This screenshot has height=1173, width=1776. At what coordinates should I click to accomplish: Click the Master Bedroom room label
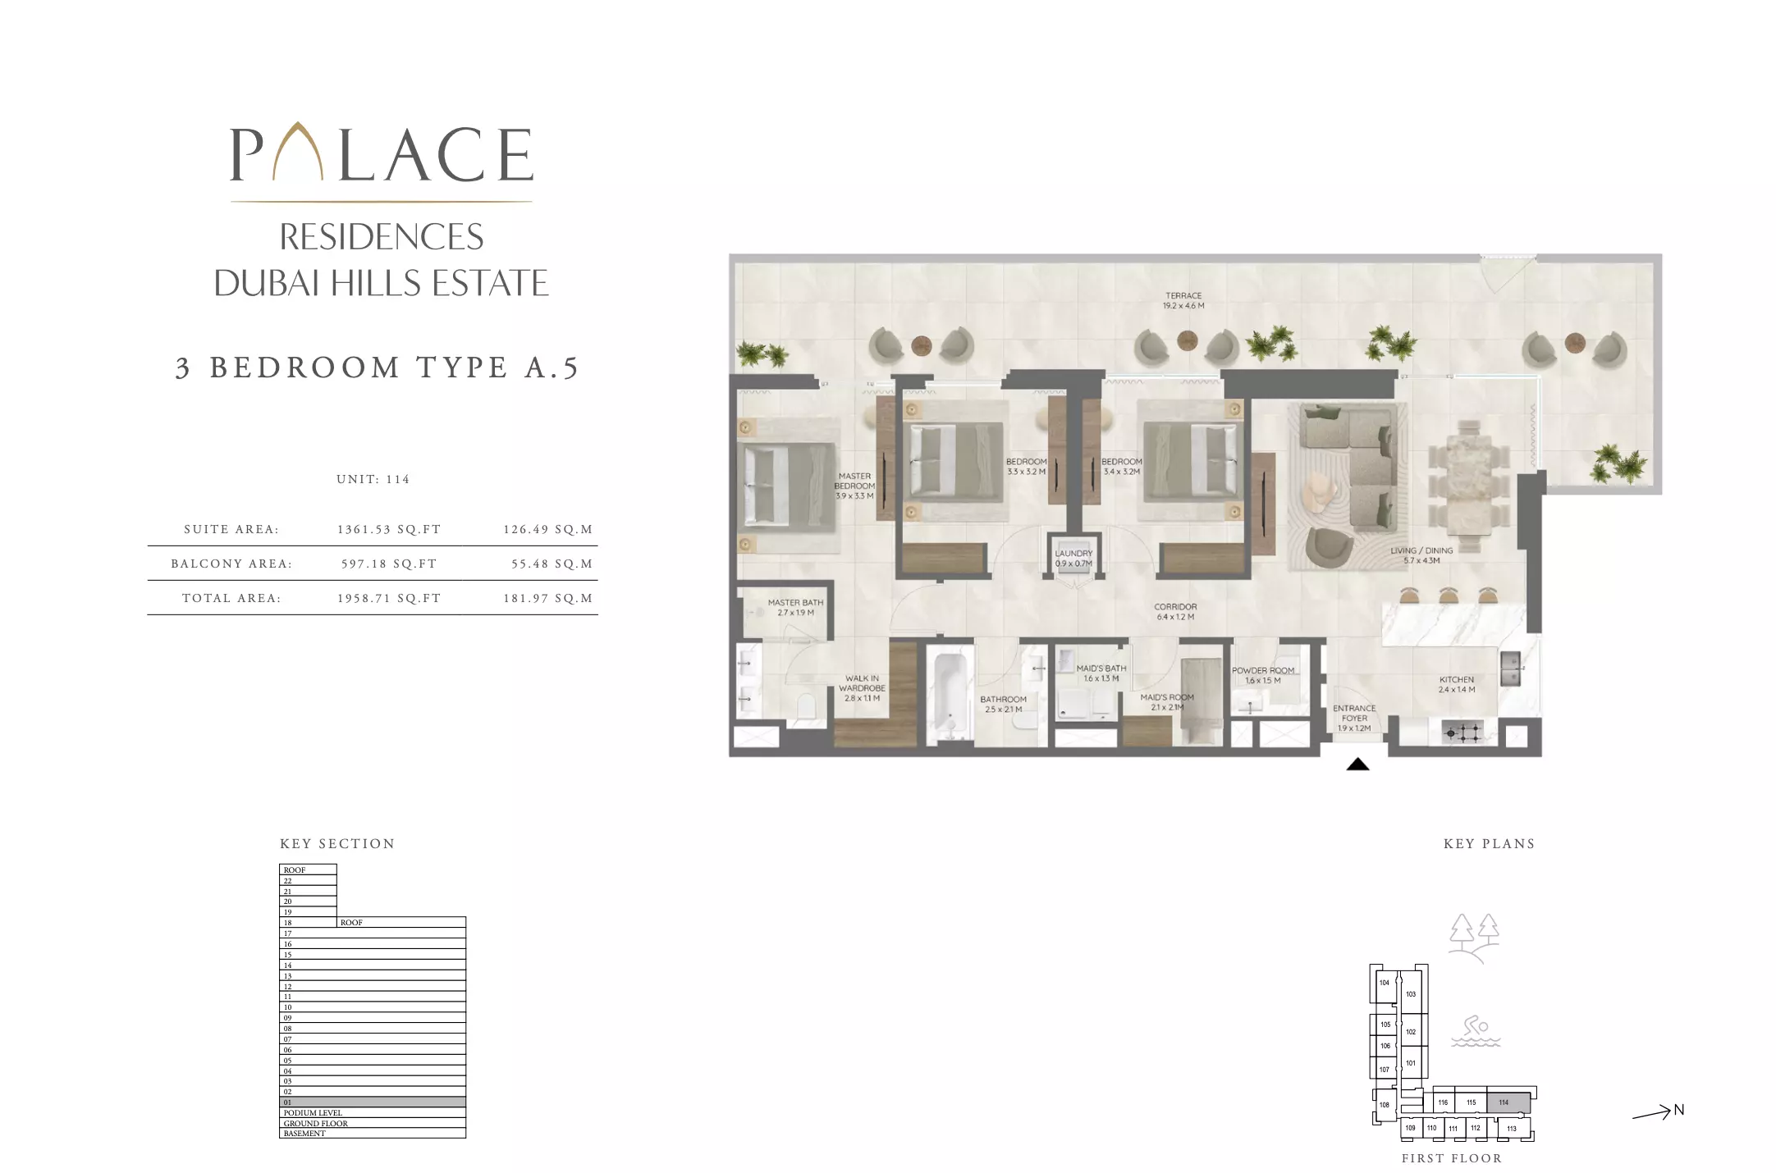point(854,486)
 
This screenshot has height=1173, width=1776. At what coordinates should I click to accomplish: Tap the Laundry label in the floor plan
point(1073,558)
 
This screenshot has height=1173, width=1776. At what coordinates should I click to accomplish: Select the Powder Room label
point(1262,674)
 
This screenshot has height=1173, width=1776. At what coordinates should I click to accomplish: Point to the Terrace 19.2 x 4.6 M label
point(1183,300)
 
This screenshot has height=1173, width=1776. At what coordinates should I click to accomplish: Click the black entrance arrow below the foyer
point(1357,765)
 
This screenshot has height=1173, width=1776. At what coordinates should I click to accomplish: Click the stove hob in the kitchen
point(1462,732)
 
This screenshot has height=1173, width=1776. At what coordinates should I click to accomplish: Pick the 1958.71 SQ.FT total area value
point(389,598)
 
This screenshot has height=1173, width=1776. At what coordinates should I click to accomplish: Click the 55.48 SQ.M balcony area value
point(547,564)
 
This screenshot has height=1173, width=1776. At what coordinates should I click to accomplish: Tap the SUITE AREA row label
point(231,529)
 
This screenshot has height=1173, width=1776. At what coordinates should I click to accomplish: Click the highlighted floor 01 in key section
point(373,1102)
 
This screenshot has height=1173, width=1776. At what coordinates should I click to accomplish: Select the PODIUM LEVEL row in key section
point(373,1113)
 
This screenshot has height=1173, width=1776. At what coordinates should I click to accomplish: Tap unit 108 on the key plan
point(1385,1105)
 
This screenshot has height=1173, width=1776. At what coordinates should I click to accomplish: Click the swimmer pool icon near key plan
point(1475,1031)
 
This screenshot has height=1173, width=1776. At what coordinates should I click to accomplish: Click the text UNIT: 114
point(373,479)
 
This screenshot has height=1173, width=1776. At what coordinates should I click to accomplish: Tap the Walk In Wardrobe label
point(862,688)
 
